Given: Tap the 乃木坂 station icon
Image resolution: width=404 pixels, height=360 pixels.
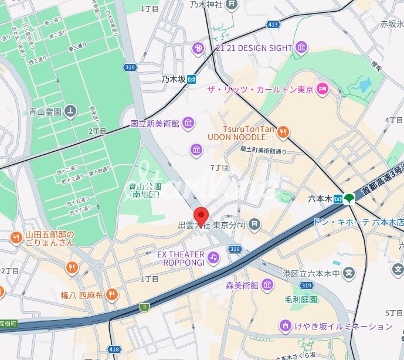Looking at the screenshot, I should (192, 79).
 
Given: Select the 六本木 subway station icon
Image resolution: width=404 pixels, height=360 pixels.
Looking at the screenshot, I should (338, 199).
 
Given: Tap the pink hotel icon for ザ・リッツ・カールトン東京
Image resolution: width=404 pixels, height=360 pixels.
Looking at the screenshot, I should (322, 89).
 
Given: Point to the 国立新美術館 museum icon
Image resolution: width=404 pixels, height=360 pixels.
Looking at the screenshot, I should (188, 123).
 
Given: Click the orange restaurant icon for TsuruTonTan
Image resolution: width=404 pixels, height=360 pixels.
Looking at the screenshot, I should (283, 132).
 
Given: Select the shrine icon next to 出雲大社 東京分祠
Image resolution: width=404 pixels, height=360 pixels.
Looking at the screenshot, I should (254, 223).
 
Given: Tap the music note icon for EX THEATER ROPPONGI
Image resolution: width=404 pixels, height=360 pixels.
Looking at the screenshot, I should (213, 257).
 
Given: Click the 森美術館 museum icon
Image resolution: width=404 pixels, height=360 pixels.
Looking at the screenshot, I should (267, 286).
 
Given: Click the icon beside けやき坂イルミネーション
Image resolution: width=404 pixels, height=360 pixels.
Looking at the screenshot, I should (285, 325).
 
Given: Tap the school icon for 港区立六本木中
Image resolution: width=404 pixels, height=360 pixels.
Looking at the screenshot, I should (349, 273).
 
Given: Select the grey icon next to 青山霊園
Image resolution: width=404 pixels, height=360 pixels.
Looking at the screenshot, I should (70, 110).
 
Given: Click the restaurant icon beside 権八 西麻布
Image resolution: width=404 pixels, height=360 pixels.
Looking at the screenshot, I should (112, 294).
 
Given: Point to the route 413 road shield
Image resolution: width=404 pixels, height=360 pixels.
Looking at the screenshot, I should (271, 25).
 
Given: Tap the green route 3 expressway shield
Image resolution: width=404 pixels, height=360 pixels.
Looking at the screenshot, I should (144, 307).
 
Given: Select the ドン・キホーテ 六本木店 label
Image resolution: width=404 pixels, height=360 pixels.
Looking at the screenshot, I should (358, 222).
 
